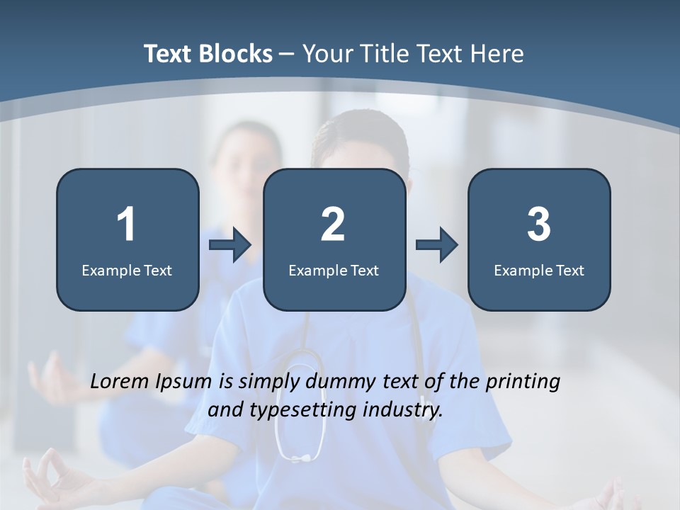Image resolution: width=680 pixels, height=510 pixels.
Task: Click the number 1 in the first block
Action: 127,225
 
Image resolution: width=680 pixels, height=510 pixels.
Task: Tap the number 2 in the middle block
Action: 333,225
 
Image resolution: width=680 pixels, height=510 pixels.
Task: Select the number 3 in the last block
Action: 539,225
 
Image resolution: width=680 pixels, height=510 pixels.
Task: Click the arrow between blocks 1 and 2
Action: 230,246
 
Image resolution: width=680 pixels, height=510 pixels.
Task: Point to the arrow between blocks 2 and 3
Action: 436,246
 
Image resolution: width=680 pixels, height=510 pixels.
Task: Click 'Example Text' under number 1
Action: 127,270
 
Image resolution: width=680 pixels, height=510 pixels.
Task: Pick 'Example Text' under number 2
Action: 334,270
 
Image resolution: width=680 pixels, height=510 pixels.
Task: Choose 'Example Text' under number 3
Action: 539,270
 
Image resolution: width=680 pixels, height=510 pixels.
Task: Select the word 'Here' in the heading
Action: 497,54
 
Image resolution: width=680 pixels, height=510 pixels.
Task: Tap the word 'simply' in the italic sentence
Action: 268,382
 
